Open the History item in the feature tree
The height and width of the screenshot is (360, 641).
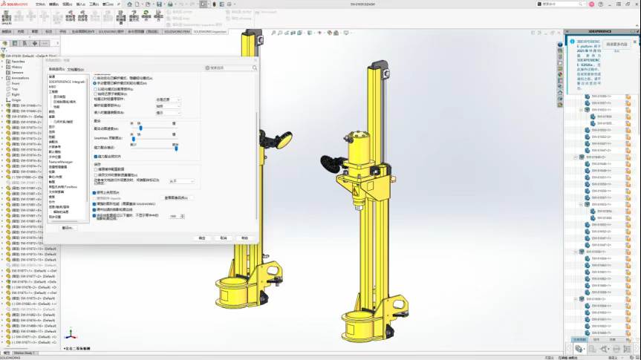(16, 67)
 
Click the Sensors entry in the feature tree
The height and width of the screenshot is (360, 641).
(17, 72)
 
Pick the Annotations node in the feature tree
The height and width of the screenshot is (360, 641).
(20, 78)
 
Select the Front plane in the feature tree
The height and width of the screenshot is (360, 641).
(16, 83)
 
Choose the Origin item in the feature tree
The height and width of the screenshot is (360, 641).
(16, 99)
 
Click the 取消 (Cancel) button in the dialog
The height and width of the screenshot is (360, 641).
(223, 238)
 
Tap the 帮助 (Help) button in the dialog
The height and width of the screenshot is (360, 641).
(244, 238)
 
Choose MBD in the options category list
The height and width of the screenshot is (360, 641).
(53, 87)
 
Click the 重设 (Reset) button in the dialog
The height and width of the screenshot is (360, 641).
(68, 228)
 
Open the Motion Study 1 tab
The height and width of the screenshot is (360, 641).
(25, 353)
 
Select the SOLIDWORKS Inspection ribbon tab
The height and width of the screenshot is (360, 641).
(210, 32)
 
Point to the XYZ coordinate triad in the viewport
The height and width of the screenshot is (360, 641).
(70, 336)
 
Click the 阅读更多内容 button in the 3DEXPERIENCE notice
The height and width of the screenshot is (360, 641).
(616, 45)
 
